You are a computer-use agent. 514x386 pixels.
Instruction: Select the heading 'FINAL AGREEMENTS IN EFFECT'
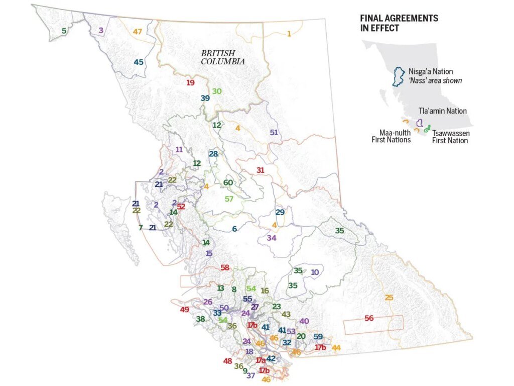coord(399,23)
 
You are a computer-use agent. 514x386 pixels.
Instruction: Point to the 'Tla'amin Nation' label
coord(443,111)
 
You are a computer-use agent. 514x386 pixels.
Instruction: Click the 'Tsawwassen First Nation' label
coord(450,137)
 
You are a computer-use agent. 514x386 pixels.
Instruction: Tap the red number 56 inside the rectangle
coord(369,318)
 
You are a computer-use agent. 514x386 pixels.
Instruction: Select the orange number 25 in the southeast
coord(389,298)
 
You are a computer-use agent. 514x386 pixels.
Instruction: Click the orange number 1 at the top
coord(289,34)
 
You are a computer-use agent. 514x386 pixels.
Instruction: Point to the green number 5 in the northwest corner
coord(64,31)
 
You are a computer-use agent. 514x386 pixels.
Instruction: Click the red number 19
coord(190,82)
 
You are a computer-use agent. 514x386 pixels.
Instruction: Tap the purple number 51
coord(274,133)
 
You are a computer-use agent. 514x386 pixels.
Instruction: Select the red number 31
coord(260,170)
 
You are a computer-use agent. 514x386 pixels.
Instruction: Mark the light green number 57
coord(229,199)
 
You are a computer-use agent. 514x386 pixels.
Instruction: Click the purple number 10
coord(315,272)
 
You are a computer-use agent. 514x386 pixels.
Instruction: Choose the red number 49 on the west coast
coord(184,310)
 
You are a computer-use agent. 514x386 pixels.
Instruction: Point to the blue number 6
coord(234,229)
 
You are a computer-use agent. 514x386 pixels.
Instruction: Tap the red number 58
coord(225,267)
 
